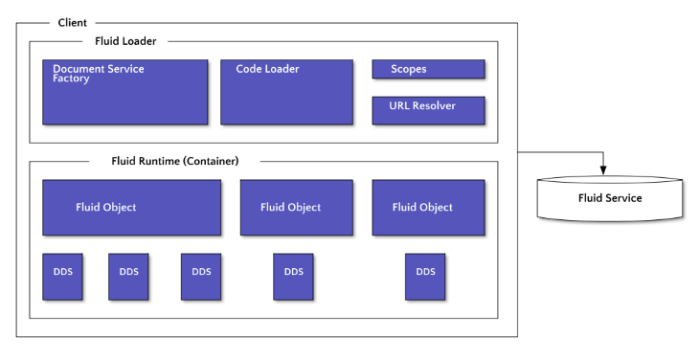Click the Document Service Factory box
click(124, 92)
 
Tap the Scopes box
click(428, 69)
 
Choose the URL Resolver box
click(428, 110)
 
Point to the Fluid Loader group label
click(125, 41)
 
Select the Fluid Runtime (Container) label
click(175, 161)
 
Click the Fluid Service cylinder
click(610, 198)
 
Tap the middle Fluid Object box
click(290, 207)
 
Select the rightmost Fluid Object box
click(422, 207)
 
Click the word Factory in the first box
click(71, 79)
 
